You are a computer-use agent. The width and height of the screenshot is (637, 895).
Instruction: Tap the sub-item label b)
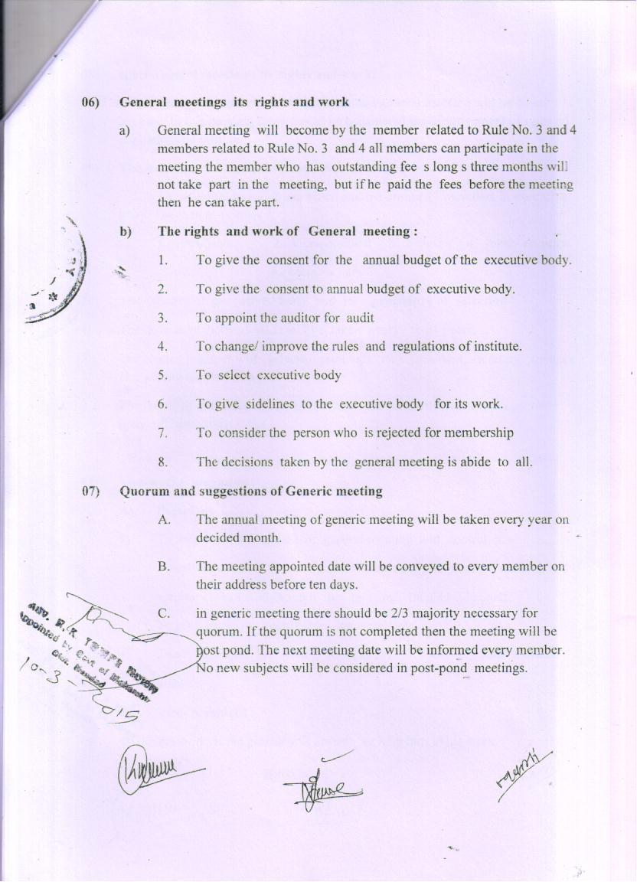(x=126, y=231)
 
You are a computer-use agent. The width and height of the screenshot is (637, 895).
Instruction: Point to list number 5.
(x=162, y=375)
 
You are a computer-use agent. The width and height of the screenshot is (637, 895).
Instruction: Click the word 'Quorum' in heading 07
(x=143, y=492)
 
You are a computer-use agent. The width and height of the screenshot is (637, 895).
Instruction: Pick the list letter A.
(x=163, y=520)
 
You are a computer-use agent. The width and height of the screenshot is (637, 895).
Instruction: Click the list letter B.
(x=163, y=567)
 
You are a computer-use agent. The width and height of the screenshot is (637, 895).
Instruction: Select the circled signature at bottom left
(x=149, y=766)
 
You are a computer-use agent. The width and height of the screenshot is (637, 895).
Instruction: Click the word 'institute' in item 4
(x=494, y=347)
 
